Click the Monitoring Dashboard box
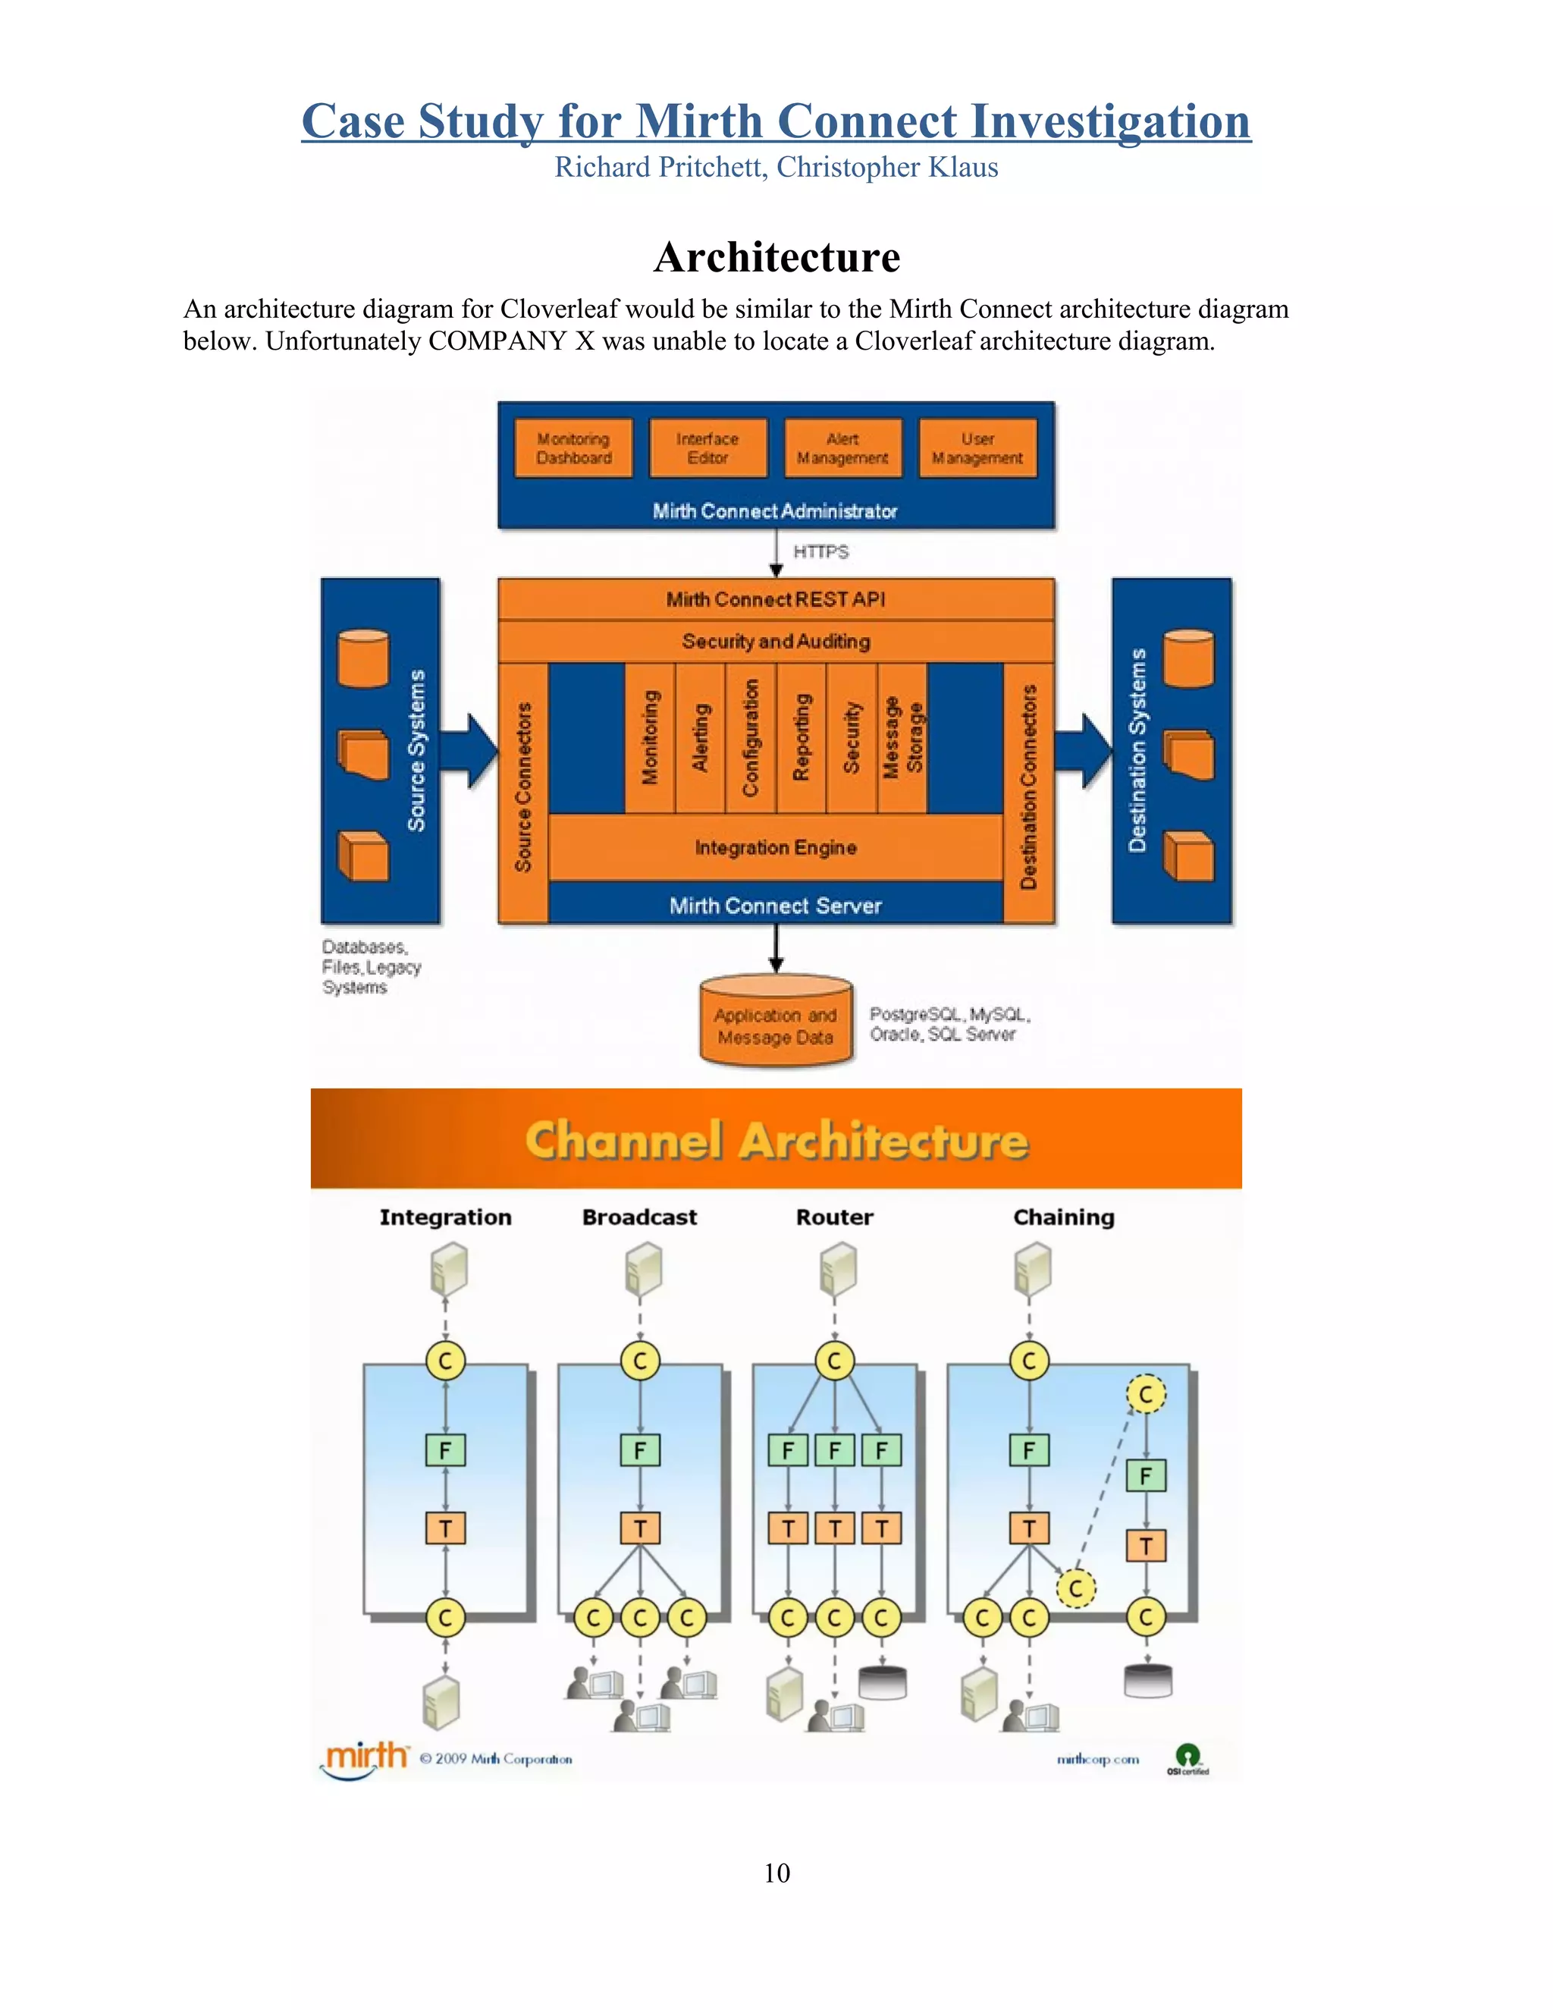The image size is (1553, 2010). tap(573, 448)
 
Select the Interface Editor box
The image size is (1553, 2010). tap(707, 448)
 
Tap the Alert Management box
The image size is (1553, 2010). tap(842, 448)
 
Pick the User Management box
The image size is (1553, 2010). tap(977, 448)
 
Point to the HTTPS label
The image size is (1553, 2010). tap(820, 551)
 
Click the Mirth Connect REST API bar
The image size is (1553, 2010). tap(776, 599)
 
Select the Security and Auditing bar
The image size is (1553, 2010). tap(776, 642)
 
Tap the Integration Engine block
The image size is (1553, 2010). tap(776, 848)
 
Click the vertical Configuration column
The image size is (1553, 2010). tap(751, 738)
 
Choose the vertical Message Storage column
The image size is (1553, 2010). tap(902, 738)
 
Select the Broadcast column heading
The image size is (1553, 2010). tap(639, 1217)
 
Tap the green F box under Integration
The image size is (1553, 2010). tap(445, 1450)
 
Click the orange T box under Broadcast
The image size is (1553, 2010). tap(639, 1528)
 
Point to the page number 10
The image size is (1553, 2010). tap(776, 1873)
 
